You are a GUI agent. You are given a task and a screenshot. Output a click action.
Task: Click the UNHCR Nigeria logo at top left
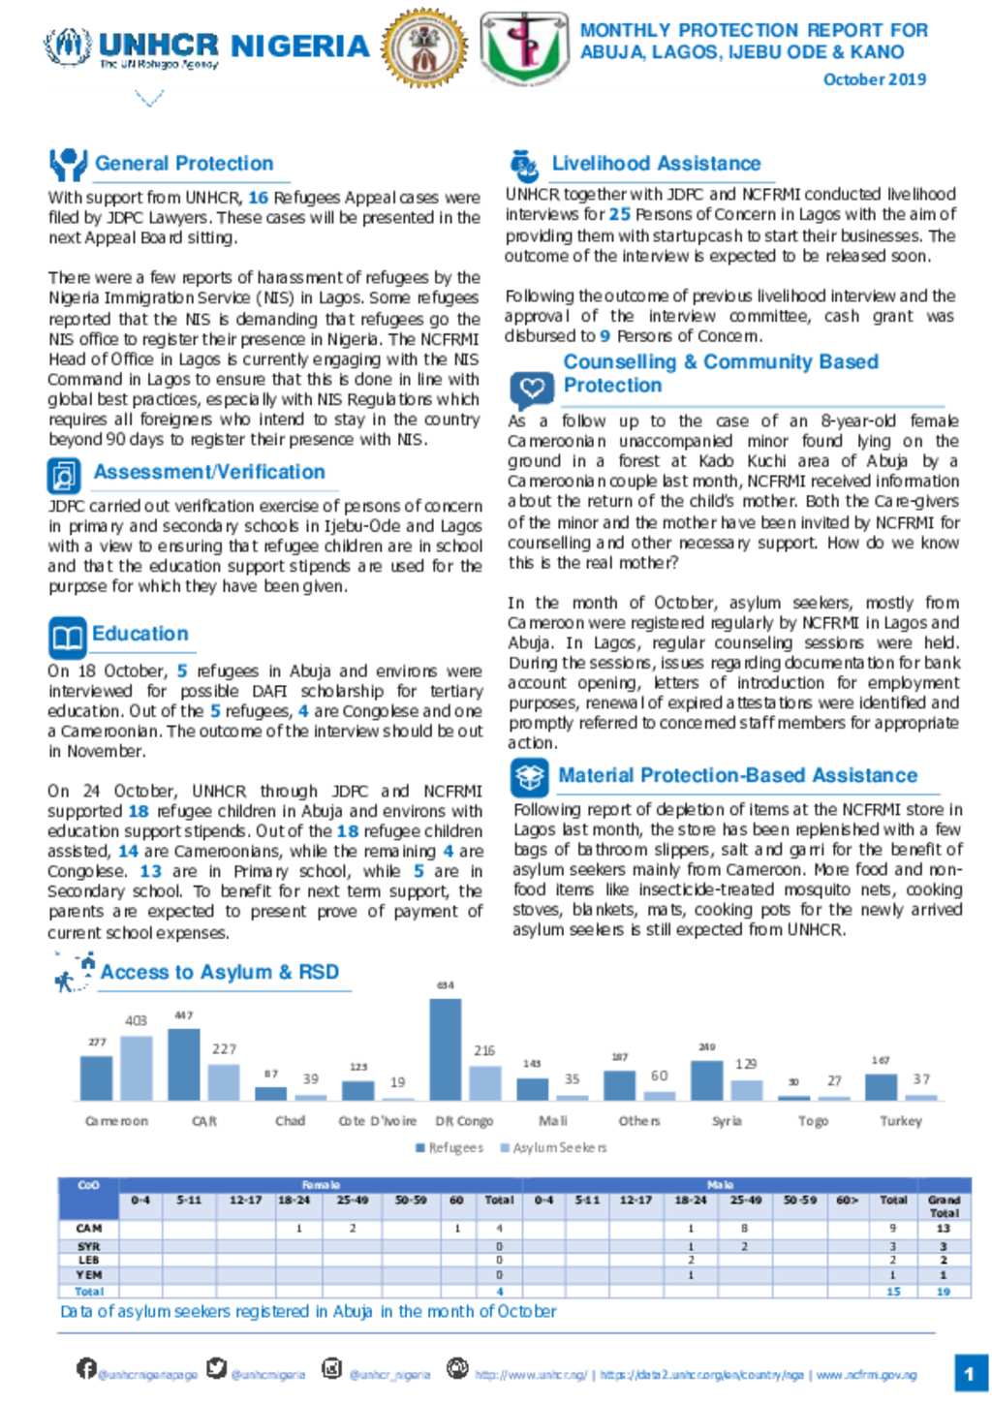pos(206,48)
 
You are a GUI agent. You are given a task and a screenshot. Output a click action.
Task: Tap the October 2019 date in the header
pos(874,79)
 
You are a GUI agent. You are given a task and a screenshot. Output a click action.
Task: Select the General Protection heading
pos(183,164)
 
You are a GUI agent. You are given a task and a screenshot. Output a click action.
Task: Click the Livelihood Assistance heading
pos(655,164)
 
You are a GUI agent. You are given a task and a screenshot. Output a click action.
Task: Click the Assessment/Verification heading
pos(208,472)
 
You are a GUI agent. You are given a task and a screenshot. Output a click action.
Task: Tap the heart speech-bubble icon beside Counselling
pos(531,390)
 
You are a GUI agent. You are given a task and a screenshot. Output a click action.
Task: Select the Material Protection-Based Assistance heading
pos(736,775)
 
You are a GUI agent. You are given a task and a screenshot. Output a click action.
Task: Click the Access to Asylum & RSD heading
pos(219,972)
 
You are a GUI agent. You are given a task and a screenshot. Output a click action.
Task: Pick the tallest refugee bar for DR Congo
pos(445,1048)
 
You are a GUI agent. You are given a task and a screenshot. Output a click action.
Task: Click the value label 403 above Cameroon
pos(136,1020)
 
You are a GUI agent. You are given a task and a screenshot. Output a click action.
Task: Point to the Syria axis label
pos(727,1121)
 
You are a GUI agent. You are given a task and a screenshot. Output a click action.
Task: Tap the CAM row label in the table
pos(88,1228)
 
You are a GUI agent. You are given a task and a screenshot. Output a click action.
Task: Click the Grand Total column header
pos(944,1206)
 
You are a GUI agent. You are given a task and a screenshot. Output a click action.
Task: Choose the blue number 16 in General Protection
pos(258,198)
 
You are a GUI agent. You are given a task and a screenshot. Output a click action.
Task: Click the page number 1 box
pos(969,1373)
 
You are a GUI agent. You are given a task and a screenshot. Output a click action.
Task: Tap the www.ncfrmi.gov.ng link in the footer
pos(866,1375)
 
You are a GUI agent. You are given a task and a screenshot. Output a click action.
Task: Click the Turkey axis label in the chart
pos(900,1121)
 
